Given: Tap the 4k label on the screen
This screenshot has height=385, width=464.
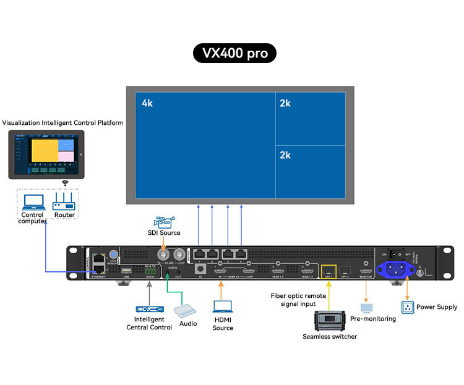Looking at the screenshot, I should [x=147, y=103].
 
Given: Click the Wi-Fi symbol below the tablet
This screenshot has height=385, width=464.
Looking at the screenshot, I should [x=64, y=183].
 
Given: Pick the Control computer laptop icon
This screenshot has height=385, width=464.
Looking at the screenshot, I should [x=32, y=201].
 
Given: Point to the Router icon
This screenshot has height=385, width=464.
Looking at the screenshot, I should [x=64, y=201].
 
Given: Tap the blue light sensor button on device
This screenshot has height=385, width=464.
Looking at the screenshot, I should [x=113, y=255].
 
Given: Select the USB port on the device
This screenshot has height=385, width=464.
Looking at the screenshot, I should [x=126, y=271].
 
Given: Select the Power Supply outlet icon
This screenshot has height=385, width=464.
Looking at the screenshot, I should [x=407, y=307].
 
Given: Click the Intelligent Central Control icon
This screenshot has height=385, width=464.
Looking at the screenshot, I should [x=148, y=309].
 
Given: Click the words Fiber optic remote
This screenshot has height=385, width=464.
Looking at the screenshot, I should [x=298, y=295].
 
